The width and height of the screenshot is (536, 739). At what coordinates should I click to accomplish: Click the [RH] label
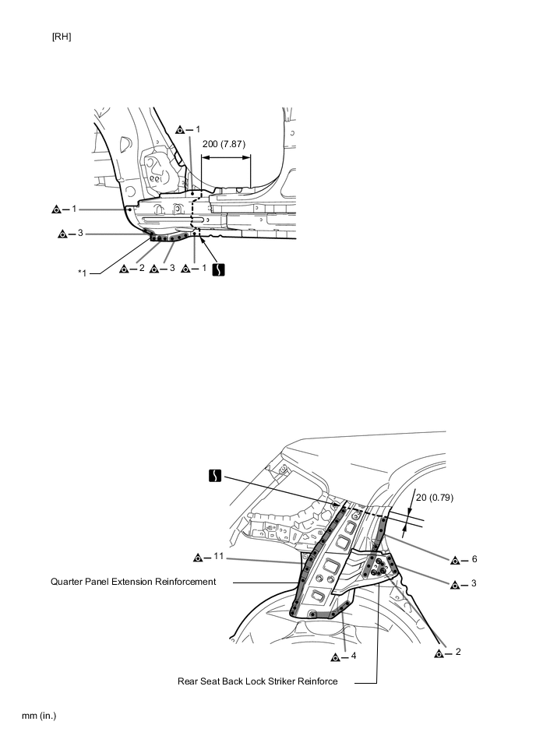[x=62, y=37]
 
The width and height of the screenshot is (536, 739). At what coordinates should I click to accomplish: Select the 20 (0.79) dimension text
[x=433, y=497]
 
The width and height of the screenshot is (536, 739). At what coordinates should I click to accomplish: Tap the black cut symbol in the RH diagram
[x=220, y=269]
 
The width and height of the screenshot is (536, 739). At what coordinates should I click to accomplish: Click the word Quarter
[x=68, y=582]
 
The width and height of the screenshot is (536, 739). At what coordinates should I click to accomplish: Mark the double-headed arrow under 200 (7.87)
[x=226, y=156]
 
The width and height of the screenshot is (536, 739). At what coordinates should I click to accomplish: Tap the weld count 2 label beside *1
[x=135, y=269]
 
